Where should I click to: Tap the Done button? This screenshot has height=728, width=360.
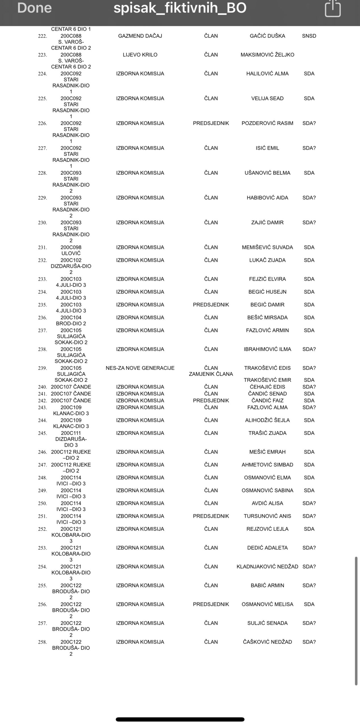(34, 8)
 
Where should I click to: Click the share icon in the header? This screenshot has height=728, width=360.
(332, 9)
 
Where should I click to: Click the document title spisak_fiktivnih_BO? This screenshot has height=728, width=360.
(180, 8)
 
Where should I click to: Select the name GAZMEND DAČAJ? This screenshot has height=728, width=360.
(140, 36)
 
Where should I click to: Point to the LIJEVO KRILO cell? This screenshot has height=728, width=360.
(140, 55)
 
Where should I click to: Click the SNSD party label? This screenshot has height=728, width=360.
(309, 36)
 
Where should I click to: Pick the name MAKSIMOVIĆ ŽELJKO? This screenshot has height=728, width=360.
(267, 55)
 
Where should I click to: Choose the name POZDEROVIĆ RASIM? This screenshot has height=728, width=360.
(267, 123)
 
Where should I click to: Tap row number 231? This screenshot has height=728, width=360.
(42, 248)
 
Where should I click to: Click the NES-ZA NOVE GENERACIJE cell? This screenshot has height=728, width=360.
(140, 368)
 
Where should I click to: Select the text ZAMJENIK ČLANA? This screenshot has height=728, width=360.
(211, 374)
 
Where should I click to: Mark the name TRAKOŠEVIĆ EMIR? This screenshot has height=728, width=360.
(267, 380)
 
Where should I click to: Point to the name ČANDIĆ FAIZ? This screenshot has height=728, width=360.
(267, 400)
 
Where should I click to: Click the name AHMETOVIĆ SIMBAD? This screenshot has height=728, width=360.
(267, 465)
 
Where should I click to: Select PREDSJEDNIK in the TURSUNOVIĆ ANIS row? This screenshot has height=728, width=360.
(211, 516)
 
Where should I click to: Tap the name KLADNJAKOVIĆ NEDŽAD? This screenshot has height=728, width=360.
(267, 566)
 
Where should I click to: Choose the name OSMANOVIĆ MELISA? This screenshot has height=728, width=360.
(267, 604)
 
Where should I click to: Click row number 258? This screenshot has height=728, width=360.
(42, 642)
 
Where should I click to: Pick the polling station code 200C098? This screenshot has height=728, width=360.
(71, 247)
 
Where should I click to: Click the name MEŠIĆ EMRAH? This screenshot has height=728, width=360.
(267, 452)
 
